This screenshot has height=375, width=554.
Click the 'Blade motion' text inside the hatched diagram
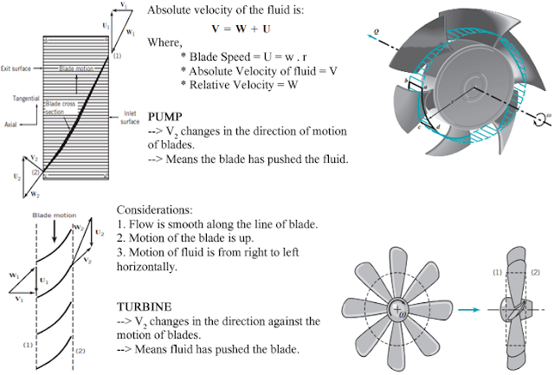pyautogui.click(x=77, y=67)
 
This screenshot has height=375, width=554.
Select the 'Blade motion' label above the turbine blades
pyautogui.click(x=55, y=209)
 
